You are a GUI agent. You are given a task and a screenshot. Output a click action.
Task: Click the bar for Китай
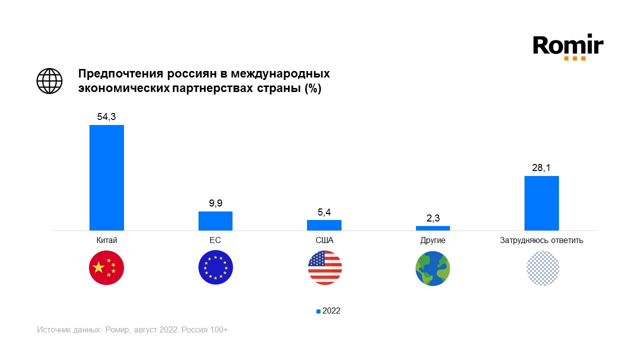click(x=106, y=177)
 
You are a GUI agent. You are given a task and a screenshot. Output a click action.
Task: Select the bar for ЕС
click(x=215, y=221)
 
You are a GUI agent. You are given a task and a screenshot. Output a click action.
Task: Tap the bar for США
click(x=324, y=225)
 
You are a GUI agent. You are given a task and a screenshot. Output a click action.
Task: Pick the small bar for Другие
click(x=433, y=228)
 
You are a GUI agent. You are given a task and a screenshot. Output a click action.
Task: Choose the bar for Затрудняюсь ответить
click(x=541, y=203)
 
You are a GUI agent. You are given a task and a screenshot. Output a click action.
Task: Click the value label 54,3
click(x=106, y=116)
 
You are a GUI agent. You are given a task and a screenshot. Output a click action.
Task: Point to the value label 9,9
click(x=215, y=203)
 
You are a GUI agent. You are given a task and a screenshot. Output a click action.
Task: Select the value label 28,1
click(x=541, y=168)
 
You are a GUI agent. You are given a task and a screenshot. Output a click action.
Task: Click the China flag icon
click(x=106, y=268)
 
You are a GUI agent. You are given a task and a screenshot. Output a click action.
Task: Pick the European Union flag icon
click(x=215, y=268)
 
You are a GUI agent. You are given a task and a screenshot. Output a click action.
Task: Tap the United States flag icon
click(x=324, y=268)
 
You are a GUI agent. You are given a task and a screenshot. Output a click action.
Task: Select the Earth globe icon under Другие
click(x=433, y=268)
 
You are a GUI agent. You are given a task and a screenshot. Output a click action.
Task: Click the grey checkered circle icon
click(x=542, y=268)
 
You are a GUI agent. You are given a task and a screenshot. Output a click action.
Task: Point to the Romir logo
click(x=568, y=47)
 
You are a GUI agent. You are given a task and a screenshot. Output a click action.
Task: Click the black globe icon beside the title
click(x=49, y=80)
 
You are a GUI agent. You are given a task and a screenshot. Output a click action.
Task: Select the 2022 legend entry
click(x=328, y=311)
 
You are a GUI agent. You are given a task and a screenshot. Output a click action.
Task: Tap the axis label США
click(x=324, y=240)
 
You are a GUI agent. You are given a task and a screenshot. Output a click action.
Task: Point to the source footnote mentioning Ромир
click(x=132, y=330)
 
